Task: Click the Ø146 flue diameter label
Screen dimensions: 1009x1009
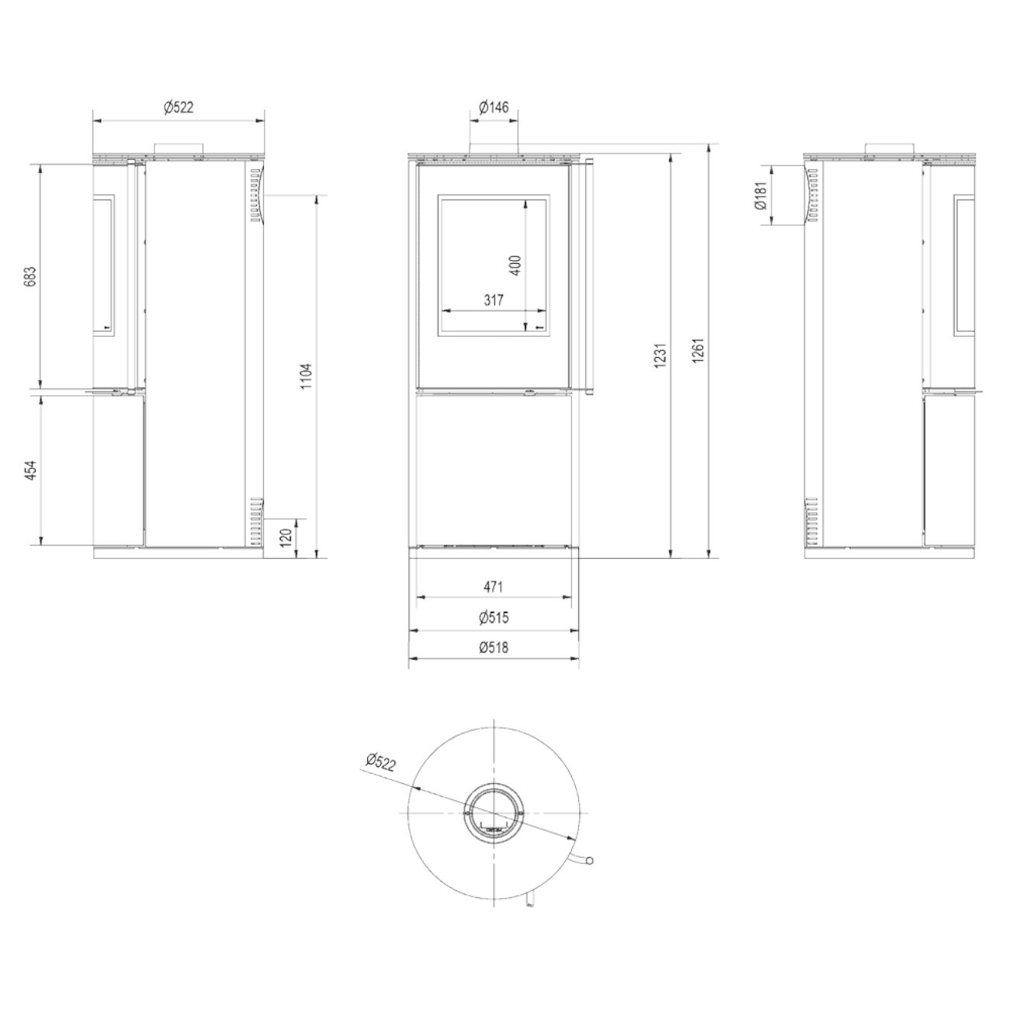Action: tap(494, 107)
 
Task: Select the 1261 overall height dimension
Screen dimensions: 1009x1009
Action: tap(698, 350)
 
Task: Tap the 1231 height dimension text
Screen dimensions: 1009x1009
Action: tap(661, 355)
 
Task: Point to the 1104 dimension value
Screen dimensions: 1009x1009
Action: tap(307, 376)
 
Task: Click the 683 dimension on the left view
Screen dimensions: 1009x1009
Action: tap(31, 276)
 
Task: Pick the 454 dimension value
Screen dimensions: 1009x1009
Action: tap(31, 470)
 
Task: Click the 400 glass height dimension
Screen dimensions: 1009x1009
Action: tap(515, 265)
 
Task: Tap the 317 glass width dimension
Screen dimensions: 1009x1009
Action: tap(493, 300)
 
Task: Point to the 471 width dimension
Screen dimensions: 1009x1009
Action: tap(493, 587)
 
